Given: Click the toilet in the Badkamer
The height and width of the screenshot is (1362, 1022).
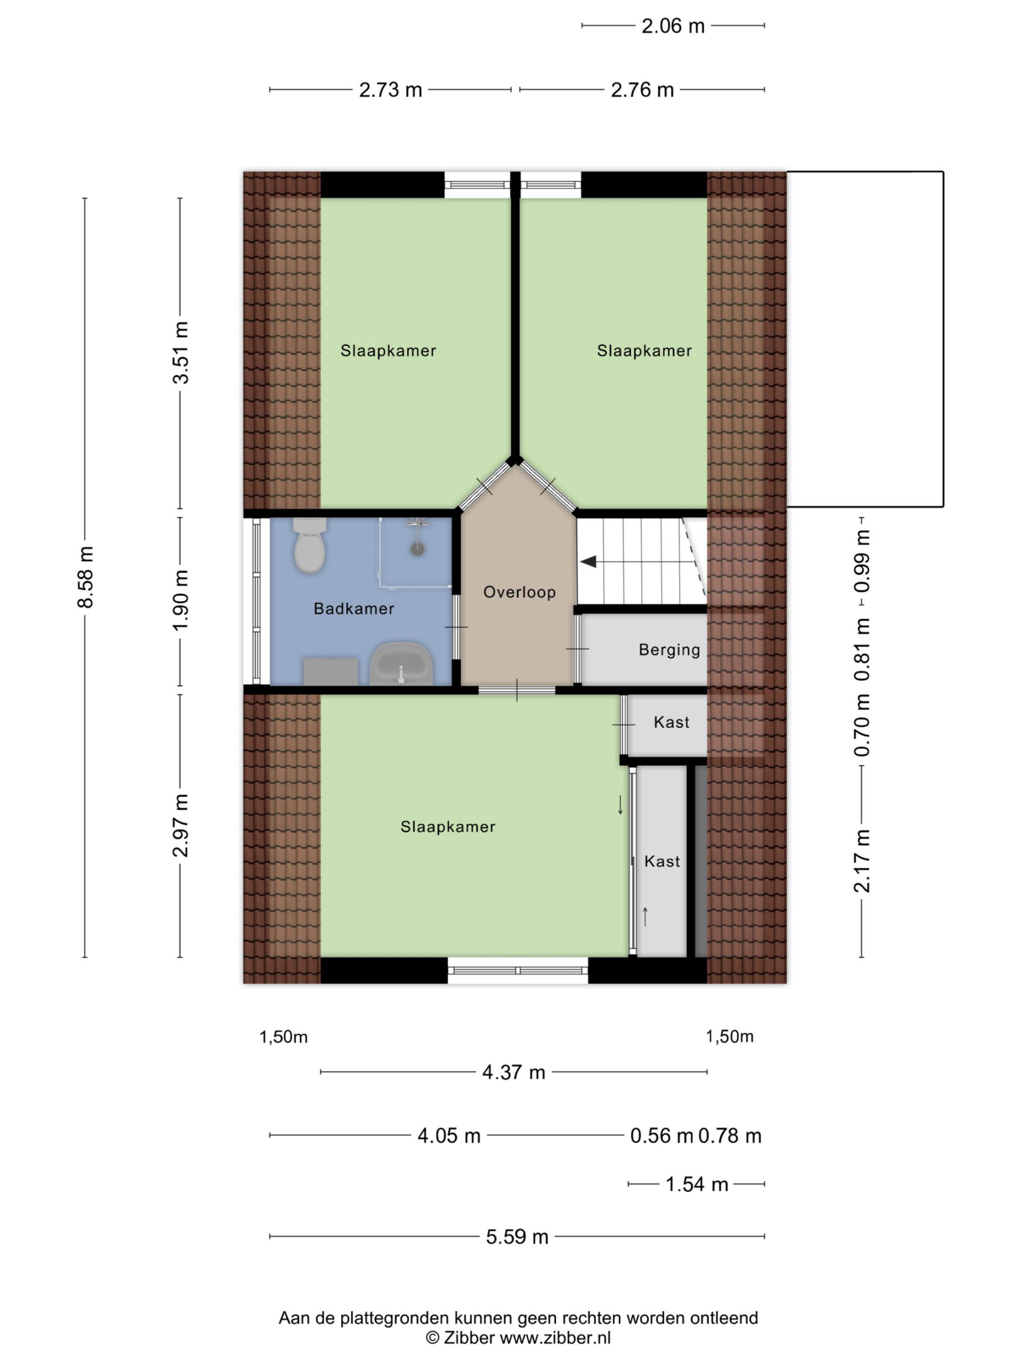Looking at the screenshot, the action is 309,545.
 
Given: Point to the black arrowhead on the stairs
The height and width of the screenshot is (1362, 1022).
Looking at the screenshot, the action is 588,561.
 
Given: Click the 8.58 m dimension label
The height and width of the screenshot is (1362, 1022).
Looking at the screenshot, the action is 86,577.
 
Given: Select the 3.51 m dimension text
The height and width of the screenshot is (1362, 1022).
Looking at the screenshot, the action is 180,353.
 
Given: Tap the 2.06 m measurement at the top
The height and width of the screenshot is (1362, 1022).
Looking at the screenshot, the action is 673,27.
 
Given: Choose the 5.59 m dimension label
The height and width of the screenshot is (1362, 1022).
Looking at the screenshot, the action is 517,1236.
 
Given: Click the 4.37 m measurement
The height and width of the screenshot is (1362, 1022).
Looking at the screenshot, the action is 514,1072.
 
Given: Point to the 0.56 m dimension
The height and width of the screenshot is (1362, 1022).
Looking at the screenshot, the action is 662,1135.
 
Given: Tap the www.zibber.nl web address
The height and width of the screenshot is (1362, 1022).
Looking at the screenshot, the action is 555,1338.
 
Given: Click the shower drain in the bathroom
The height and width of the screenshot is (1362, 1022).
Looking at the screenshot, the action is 418,549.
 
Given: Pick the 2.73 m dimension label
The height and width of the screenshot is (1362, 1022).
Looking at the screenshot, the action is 391,90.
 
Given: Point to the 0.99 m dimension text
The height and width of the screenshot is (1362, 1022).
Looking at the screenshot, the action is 862,561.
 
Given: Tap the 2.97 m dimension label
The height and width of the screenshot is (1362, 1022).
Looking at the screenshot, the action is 180,826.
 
